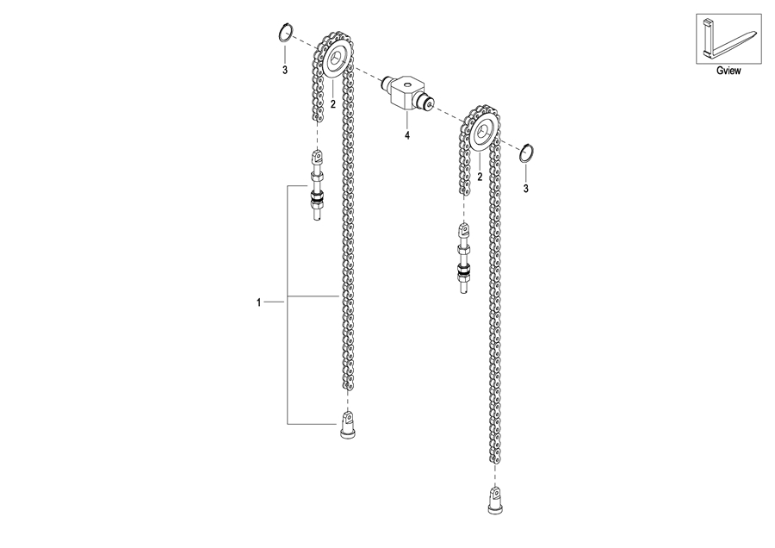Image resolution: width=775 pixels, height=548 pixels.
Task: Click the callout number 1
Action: click(x=258, y=302)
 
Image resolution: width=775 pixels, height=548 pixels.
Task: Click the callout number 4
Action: click(x=407, y=135)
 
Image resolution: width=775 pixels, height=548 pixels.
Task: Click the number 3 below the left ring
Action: click(x=285, y=71)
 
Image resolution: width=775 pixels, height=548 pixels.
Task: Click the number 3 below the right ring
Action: click(x=526, y=189)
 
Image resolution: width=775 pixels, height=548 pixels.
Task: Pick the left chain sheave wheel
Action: click(x=336, y=59)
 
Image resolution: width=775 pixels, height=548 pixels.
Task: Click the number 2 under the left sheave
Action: click(x=332, y=104)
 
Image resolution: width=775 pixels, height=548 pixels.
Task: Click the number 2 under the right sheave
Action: click(x=480, y=176)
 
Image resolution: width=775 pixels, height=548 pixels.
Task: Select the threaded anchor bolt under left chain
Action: click(x=316, y=185)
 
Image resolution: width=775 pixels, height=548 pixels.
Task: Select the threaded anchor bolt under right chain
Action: click(x=463, y=258)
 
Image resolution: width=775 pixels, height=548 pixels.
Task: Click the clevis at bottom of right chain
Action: click(x=495, y=500)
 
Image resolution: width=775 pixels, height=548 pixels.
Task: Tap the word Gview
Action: click(x=728, y=71)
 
